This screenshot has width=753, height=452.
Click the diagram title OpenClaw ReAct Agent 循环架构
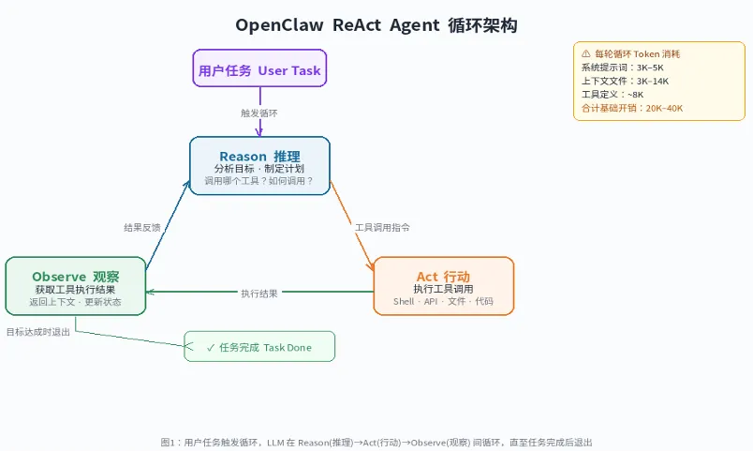click(x=376, y=25)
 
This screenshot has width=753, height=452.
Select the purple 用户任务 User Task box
click(x=259, y=70)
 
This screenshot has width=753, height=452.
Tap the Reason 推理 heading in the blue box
click(x=259, y=155)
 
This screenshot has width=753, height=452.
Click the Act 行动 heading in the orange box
click(x=443, y=276)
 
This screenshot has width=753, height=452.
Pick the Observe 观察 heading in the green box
click(x=76, y=277)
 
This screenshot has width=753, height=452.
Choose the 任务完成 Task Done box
click(x=259, y=347)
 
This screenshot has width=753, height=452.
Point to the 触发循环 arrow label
click(x=259, y=113)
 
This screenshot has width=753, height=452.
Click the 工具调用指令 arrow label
click(x=382, y=227)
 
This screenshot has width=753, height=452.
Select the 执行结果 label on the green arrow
click(x=259, y=294)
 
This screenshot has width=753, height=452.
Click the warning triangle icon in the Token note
click(x=586, y=54)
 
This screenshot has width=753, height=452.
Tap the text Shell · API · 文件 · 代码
click(x=443, y=302)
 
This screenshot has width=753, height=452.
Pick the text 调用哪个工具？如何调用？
click(x=259, y=180)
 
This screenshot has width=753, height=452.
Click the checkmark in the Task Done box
click(x=211, y=347)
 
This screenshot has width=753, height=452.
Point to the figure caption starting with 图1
click(x=376, y=442)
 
